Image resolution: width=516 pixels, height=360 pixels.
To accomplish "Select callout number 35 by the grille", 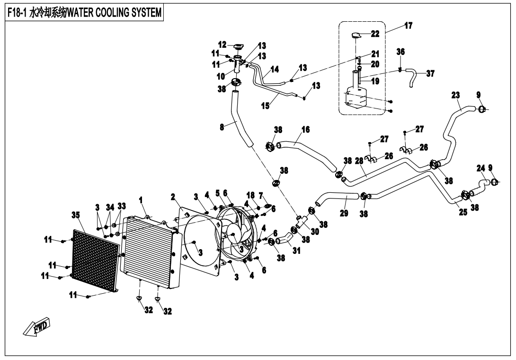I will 76,215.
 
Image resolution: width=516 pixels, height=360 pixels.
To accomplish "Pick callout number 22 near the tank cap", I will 375,34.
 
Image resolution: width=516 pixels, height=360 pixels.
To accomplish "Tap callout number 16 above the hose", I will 305,129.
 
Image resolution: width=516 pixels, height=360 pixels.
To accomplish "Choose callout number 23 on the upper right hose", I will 455,95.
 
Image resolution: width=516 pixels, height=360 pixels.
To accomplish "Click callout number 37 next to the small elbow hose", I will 430,73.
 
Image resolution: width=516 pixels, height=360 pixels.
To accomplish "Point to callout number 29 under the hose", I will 344,213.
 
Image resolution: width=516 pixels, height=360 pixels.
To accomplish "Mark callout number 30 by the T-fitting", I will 315,232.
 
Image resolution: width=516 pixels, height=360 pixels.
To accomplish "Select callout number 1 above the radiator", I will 141,201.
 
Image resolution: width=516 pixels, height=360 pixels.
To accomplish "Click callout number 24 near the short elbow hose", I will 480,168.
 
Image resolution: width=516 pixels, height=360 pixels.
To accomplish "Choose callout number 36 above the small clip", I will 400,52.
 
